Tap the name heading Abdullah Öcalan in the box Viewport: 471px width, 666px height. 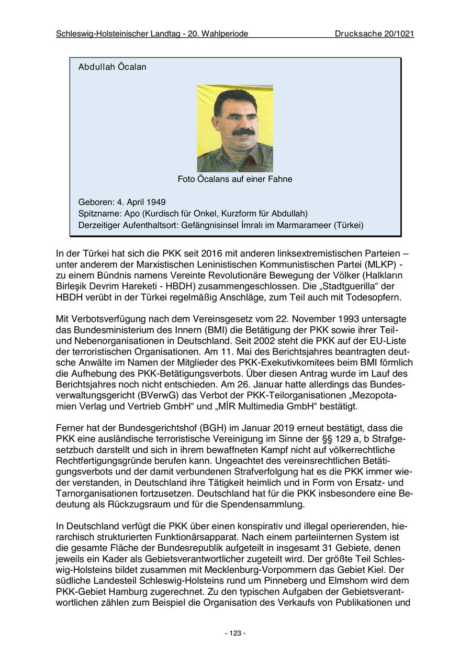click(112, 67)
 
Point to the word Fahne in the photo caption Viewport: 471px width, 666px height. click(280, 179)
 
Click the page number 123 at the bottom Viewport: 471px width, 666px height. click(235, 633)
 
